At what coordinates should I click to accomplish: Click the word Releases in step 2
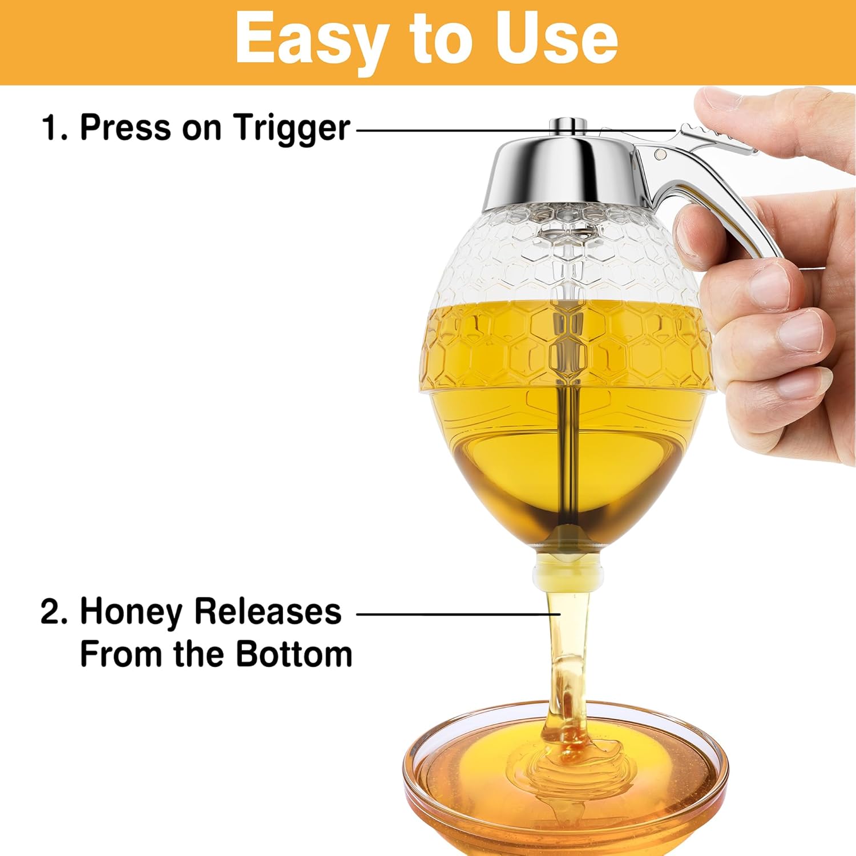268,611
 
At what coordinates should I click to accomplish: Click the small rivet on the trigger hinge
661,154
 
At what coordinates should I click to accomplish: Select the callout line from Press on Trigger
514,130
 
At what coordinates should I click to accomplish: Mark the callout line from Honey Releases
457,615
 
